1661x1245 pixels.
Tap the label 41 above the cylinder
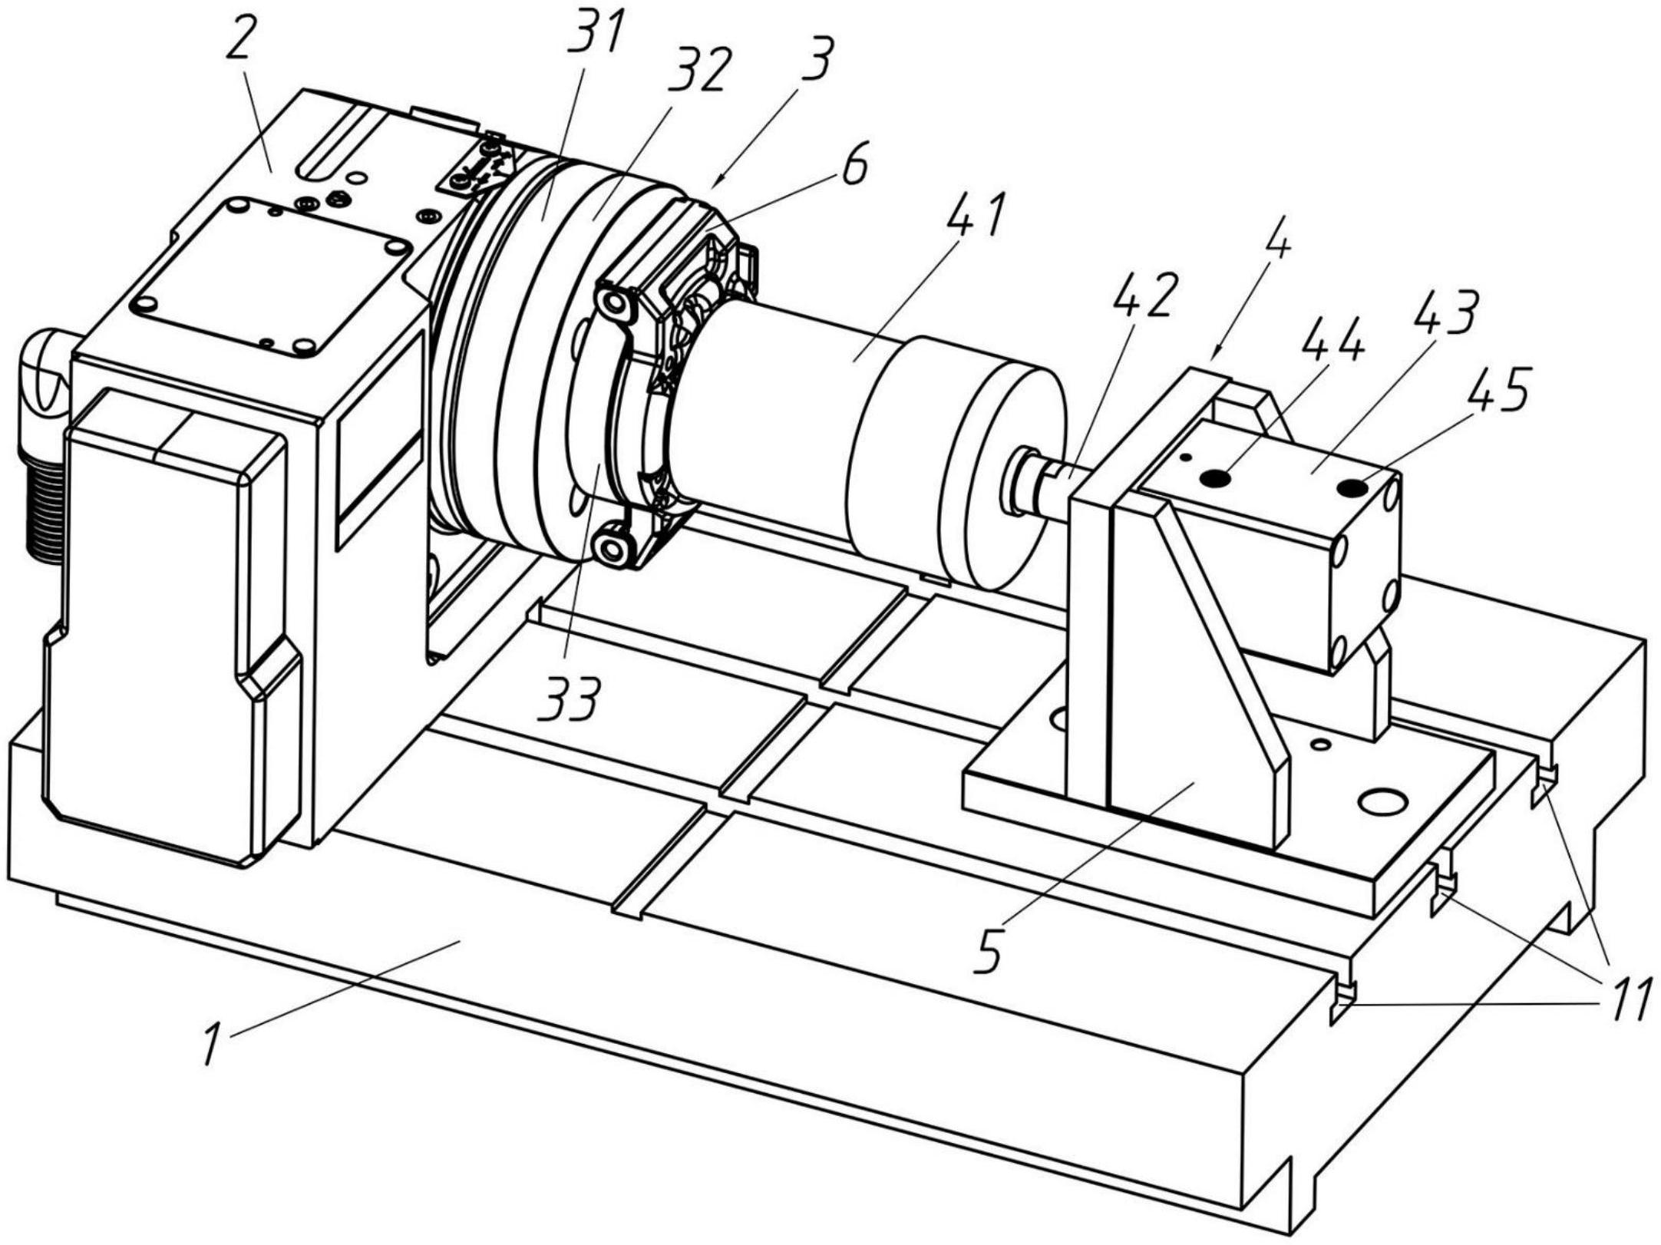pyautogui.click(x=976, y=217)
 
